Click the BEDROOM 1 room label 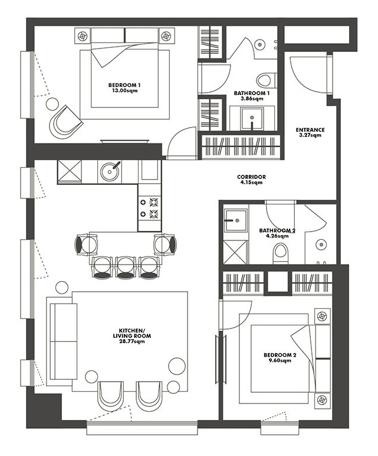click(x=124, y=85)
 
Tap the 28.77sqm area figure click(x=132, y=341)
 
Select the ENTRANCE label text click(x=310, y=130)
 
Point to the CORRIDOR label click(x=251, y=177)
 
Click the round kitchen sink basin click(x=110, y=171)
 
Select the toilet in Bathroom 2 click(x=281, y=253)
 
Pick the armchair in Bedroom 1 click(x=65, y=122)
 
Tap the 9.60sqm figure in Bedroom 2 click(x=280, y=361)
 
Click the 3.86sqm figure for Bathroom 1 click(x=252, y=99)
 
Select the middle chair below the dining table click(x=126, y=267)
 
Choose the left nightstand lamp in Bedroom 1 click(x=83, y=36)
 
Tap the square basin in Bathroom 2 click(x=236, y=220)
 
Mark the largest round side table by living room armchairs click(x=177, y=366)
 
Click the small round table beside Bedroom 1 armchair click(x=52, y=104)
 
